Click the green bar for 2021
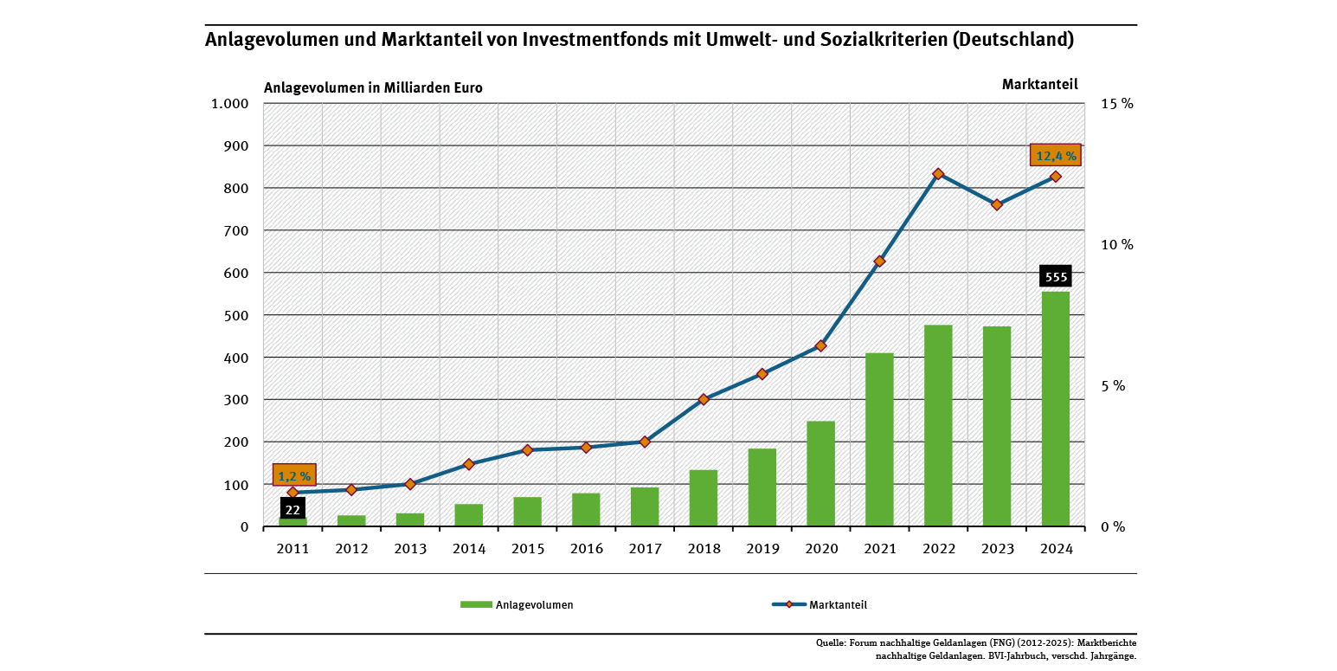[879, 440]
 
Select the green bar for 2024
[1055, 409]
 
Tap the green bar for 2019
[762, 487]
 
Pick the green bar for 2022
[938, 426]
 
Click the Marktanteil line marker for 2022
[938, 174]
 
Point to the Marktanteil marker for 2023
[997, 204]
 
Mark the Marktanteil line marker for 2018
[704, 399]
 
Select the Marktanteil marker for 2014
[469, 464]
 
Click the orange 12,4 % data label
[1056, 156]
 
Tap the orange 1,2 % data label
[294, 475]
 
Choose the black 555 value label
[1056, 277]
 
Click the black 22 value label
[292, 509]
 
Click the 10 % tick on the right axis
[1116, 245]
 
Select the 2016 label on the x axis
[586, 549]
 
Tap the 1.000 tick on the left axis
[230, 104]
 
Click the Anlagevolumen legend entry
[517, 605]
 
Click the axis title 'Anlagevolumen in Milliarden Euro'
[373, 87]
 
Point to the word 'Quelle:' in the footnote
[831, 643]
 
